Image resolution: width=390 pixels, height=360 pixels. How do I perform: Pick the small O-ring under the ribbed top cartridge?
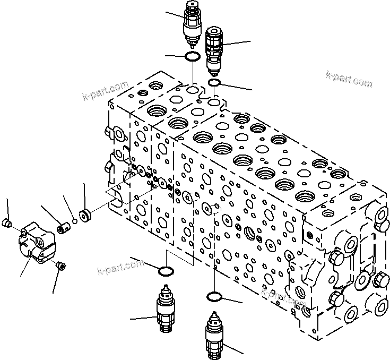click(x=214, y=83)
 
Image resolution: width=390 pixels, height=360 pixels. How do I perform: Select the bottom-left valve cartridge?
click(x=165, y=312)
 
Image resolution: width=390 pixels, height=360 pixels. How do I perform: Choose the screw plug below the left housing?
click(x=60, y=264)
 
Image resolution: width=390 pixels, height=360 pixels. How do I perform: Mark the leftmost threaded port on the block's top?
click(x=157, y=86)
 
